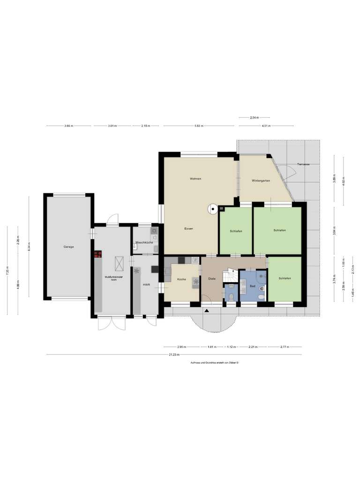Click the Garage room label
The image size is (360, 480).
(x=69, y=247)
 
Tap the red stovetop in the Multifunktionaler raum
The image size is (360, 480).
(x=98, y=255)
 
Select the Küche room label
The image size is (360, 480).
(x=181, y=279)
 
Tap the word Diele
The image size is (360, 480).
(x=211, y=279)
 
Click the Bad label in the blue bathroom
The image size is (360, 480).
(x=252, y=285)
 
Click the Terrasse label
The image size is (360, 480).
(x=304, y=165)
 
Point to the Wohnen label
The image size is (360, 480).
(x=195, y=179)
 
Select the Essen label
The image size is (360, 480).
(x=189, y=228)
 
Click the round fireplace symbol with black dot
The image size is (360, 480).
(x=213, y=209)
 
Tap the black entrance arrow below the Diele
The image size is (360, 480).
(x=205, y=310)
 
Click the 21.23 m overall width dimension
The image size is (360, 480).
(x=173, y=355)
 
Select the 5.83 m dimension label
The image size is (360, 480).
(x=199, y=126)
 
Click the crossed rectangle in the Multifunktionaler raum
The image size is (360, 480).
(x=120, y=263)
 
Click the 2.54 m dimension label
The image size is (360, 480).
(x=254, y=117)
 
